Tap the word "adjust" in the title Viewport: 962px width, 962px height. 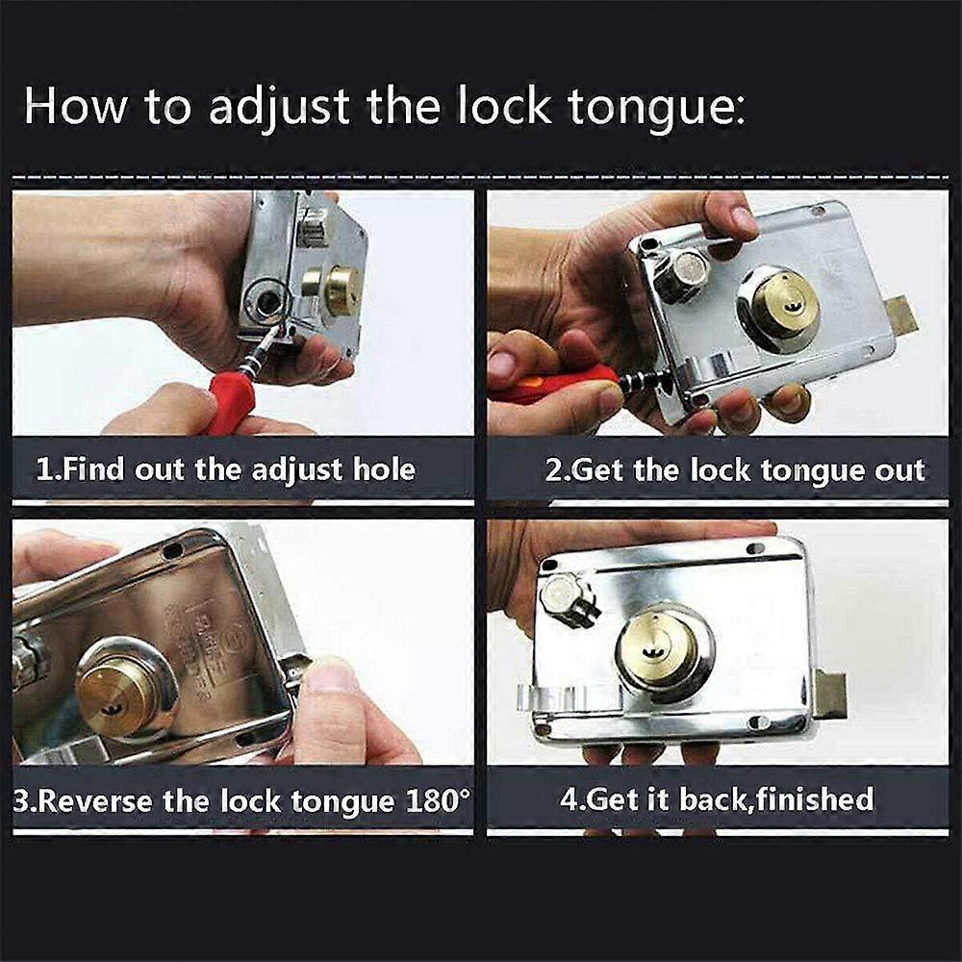(x=279, y=106)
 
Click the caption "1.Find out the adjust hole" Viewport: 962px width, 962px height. (x=226, y=469)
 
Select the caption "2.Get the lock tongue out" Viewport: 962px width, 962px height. (x=735, y=469)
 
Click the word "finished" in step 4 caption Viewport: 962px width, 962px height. (x=812, y=798)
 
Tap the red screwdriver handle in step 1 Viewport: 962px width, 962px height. (x=229, y=401)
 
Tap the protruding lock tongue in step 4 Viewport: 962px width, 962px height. (x=829, y=694)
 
